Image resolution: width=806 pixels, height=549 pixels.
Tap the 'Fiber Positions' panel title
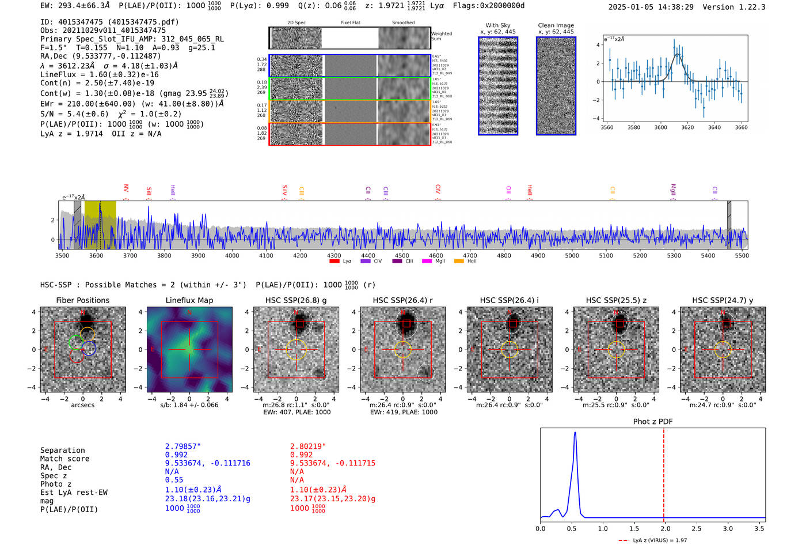(x=82, y=300)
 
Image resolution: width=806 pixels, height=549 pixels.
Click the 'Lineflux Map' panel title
(x=189, y=300)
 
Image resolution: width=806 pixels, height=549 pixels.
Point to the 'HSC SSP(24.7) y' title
(x=723, y=300)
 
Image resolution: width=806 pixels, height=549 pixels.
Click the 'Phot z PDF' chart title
(x=652, y=421)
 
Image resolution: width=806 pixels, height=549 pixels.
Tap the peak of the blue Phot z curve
(x=575, y=433)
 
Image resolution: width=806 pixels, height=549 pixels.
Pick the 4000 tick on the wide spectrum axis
(x=232, y=255)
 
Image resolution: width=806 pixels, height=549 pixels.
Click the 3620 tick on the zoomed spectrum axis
(x=687, y=127)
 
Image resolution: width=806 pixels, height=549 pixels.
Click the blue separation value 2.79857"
(x=183, y=446)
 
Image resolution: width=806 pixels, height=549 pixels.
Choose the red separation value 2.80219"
(x=308, y=446)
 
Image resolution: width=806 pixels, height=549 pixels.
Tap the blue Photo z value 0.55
(x=174, y=480)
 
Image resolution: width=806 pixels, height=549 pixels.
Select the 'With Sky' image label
(x=497, y=25)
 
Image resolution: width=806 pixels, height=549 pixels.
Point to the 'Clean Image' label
(x=556, y=25)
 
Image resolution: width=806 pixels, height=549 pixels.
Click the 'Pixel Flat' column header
(x=350, y=22)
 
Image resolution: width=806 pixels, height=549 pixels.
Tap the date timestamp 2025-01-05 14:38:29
(x=651, y=7)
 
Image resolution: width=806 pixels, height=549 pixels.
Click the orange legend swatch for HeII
(x=459, y=261)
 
